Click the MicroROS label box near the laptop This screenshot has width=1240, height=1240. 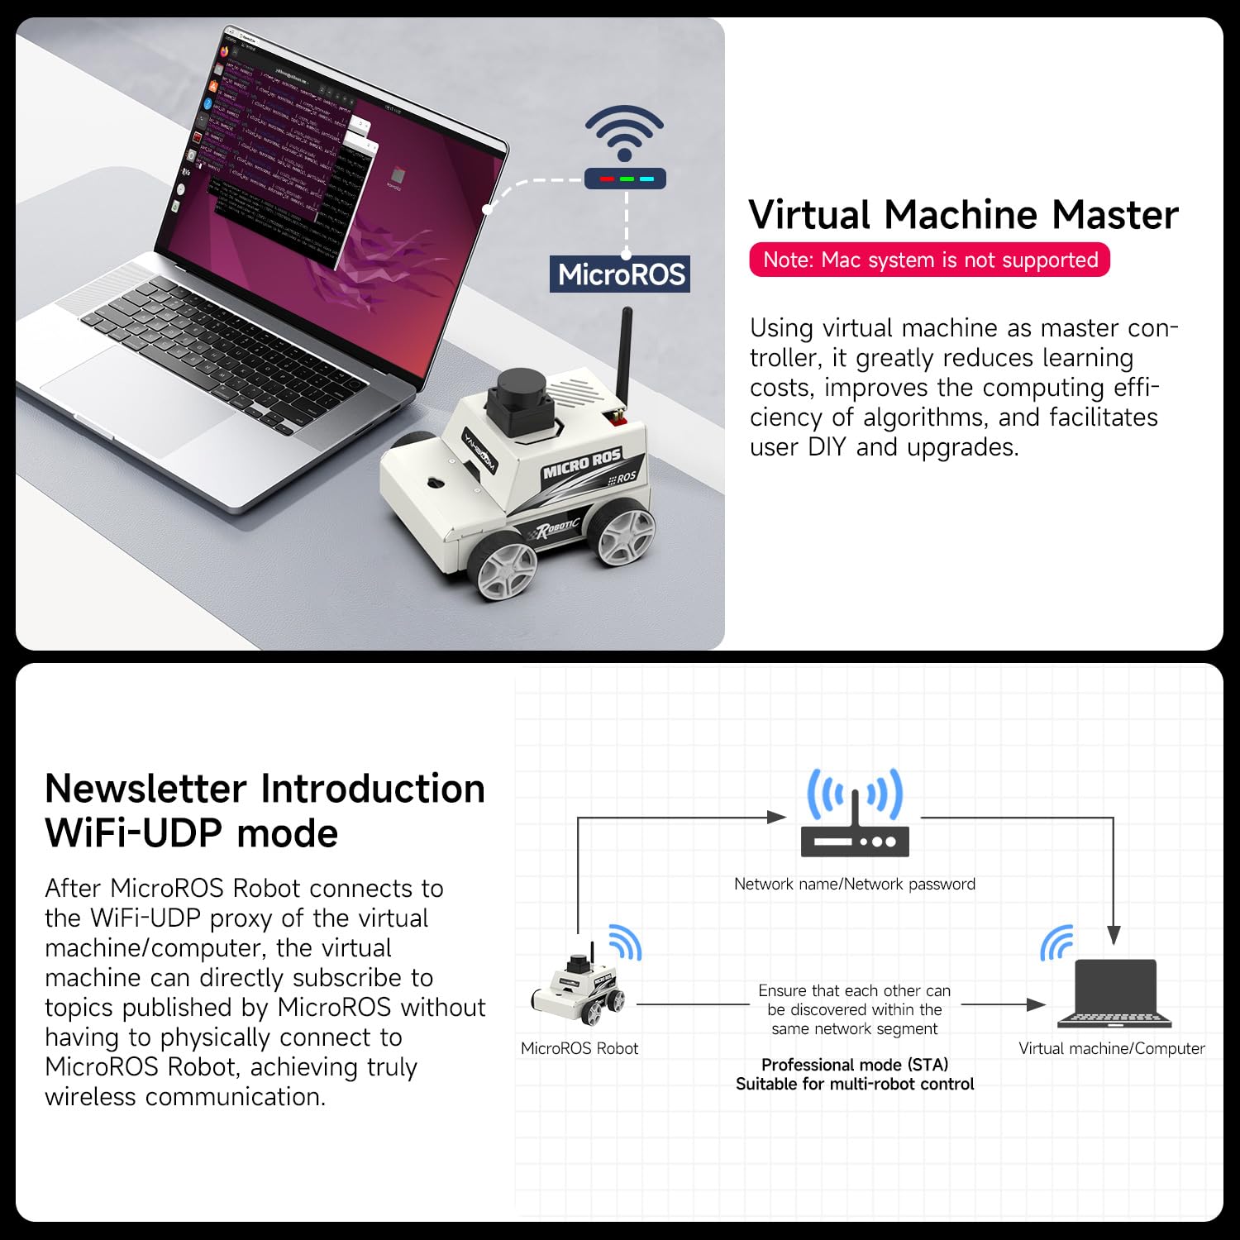tap(620, 274)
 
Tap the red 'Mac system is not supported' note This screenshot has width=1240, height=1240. tap(929, 260)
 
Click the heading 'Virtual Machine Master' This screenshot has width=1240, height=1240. tap(963, 215)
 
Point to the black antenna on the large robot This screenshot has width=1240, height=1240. tap(625, 355)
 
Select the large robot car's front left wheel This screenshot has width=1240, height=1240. tap(503, 569)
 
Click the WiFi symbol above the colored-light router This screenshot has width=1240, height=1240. tap(624, 132)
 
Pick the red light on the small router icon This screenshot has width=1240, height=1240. tap(607, 179)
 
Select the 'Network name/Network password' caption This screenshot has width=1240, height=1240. tap(855, 884)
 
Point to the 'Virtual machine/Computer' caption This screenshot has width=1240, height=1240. tap(1112, 1048)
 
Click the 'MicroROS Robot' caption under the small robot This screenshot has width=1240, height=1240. tap(579, 1048)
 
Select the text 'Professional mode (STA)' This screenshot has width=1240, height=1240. tap(855, 1065)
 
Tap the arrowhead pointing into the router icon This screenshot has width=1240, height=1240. tap(776, 818)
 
